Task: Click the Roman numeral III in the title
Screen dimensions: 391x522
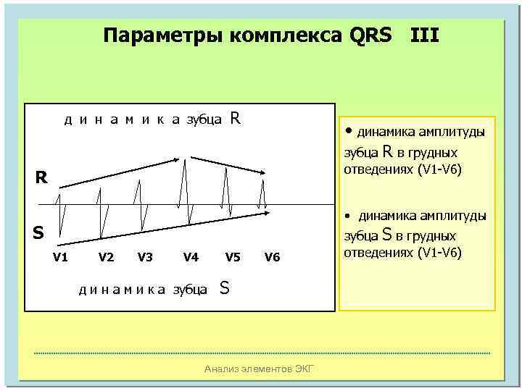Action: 425,35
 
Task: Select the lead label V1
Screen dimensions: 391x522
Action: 61,256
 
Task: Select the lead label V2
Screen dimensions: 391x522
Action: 106,256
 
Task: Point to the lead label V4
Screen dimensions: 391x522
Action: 191,256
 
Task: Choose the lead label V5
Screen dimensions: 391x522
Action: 233,256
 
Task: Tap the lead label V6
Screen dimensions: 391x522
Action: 272,256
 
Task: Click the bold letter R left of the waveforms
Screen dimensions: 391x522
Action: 42,177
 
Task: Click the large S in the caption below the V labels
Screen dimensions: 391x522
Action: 225,288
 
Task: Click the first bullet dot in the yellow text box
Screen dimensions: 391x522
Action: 349,131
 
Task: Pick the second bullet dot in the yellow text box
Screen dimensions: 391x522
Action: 349,216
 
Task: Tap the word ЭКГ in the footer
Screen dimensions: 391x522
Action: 304,369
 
